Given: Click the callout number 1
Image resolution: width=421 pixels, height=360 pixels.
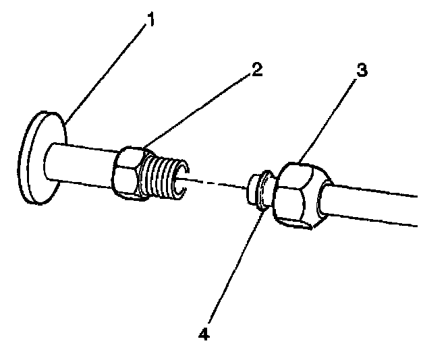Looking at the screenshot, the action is pos(150,20).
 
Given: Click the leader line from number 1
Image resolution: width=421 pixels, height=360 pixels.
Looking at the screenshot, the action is pos(108,71).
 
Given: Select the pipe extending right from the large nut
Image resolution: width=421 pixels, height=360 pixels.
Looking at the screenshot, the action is pos(378,205).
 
